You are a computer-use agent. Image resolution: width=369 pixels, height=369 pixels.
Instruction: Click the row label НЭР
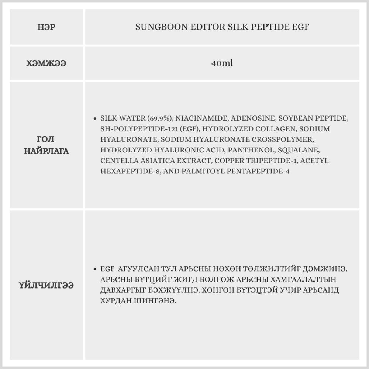[x=46, y=27]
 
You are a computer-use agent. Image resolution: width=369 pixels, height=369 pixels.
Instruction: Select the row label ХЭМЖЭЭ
[x=46, y=63]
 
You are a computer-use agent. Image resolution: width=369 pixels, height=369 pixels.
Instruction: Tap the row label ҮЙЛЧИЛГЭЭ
[x=46, y=285]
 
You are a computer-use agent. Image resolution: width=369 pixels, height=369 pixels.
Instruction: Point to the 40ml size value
[x=222, y=63]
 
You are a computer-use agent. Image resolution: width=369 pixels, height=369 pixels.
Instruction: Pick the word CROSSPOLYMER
[x=283, y=140]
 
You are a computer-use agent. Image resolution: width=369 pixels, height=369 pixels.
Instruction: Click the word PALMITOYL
[x=203, y=172]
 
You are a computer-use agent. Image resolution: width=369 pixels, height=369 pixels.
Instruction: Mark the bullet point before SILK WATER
[x=95, y=119]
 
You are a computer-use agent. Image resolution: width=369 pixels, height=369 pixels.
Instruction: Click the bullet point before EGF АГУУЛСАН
[x=95, y=269]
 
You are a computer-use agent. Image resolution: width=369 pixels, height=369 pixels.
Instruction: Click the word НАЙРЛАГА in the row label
[x=46, y=151]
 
